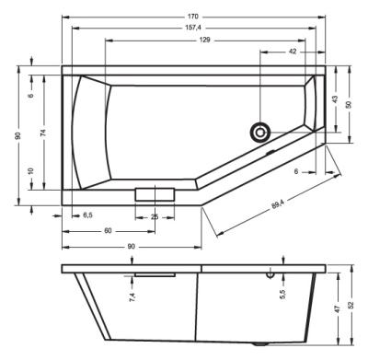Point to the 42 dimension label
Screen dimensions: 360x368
click(292, 53)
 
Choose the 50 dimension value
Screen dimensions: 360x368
click(348, 105)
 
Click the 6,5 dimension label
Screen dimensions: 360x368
click(87, 215)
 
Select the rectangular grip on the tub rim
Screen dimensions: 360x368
click(154, 193)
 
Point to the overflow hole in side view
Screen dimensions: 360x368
click(270, 273)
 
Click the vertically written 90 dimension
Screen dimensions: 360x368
click(17, 136)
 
